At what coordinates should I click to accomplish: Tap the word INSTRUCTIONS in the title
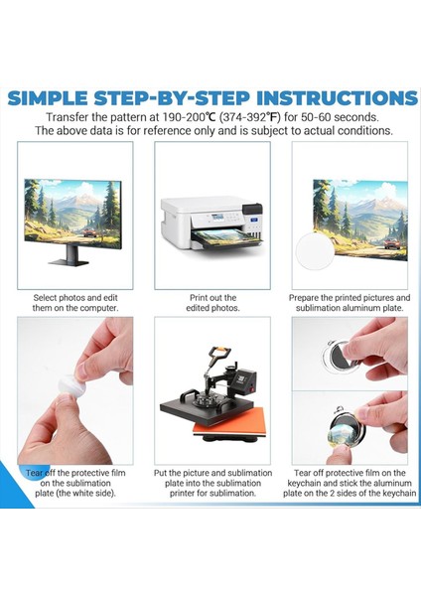[x=337, y=98]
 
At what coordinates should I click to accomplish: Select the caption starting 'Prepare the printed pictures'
[x=350, y=302]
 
